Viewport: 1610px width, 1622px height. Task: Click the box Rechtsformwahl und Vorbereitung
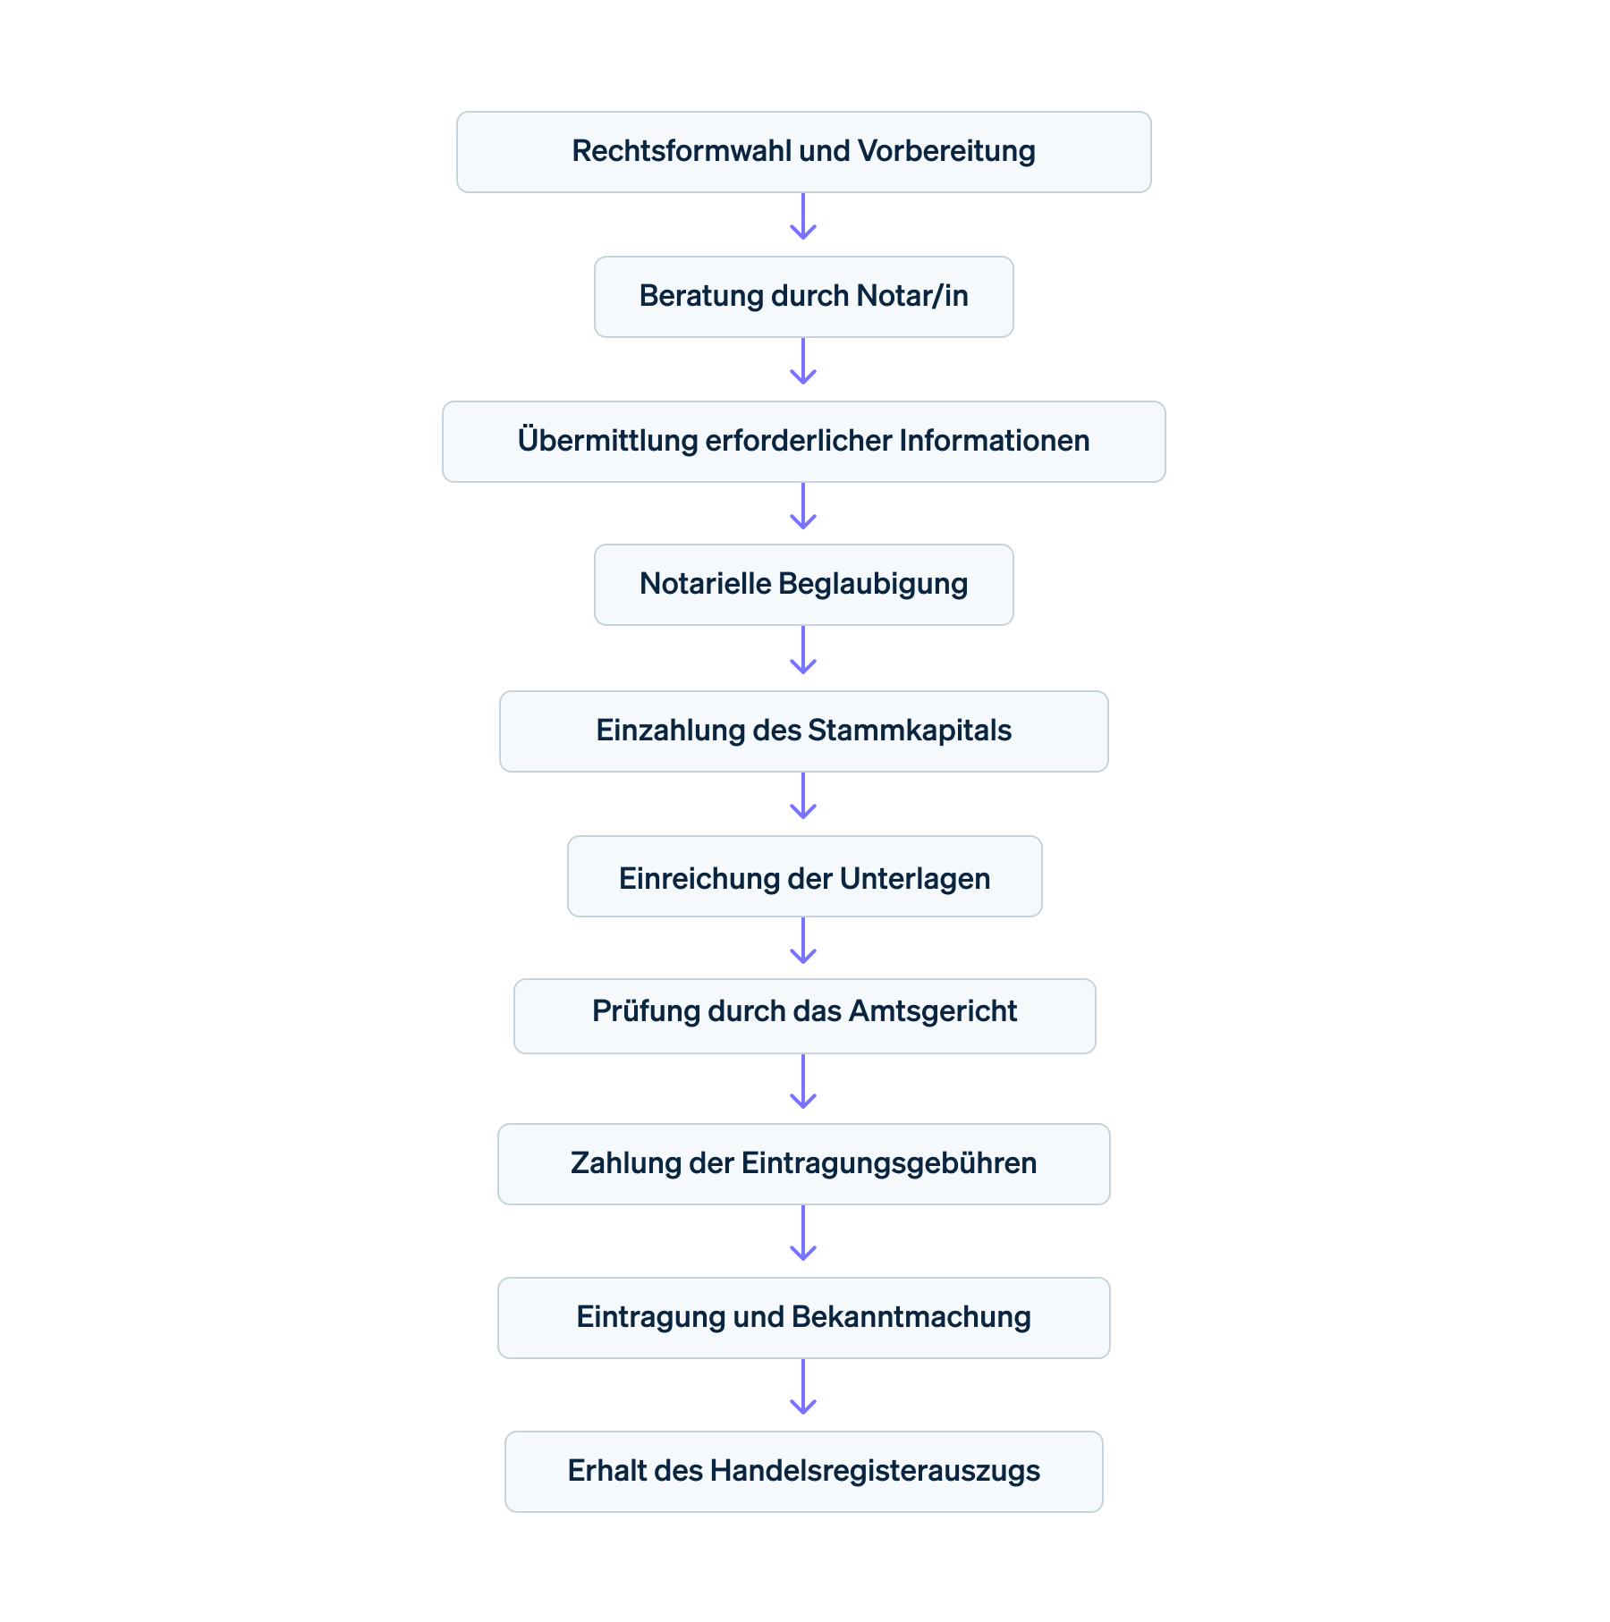tap(803, 152)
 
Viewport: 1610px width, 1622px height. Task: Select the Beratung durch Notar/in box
tap(803, 297)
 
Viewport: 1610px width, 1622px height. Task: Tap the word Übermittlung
tap(607, 441)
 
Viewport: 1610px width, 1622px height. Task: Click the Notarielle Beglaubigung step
tap(803, 585)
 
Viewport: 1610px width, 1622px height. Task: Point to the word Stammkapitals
tap(909, 731)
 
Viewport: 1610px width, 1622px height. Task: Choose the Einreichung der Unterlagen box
tap(803, 877)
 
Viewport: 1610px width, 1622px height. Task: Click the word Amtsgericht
tap(932, 1011)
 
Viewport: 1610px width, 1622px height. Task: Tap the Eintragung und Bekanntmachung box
tap(803, 1318)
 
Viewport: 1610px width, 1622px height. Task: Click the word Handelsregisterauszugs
tap(875, 1471)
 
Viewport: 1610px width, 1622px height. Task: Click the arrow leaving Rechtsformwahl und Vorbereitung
tap(803, 216)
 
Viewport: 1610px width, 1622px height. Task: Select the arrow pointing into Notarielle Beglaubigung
tap(803, 507)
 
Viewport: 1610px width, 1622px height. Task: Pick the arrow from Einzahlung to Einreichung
tap(803, 797)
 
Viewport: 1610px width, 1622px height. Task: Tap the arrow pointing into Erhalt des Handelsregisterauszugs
tap(803, 1388)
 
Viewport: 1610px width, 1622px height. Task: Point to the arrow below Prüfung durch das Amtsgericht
tap(803, 1082)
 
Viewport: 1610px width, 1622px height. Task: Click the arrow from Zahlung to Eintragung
tap(803, 1234)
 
